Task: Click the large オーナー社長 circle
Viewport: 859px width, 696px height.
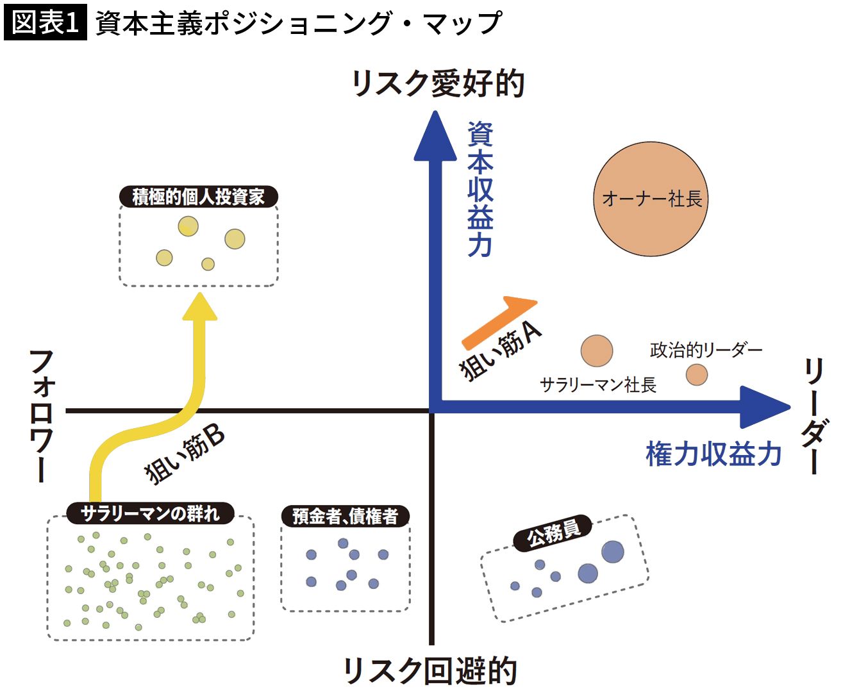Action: (651, 199)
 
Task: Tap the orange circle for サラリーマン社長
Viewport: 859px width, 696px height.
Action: (597, 351)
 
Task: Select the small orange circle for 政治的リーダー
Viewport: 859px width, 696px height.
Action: (697, 374)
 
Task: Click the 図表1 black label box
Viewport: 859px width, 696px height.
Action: (45, 22)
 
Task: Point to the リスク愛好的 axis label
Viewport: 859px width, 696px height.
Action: (438, 84)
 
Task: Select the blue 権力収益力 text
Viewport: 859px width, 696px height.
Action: (713, 454)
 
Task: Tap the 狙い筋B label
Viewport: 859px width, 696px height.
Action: (185, 454)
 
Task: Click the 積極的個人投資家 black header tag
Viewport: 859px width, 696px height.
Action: (199, 197)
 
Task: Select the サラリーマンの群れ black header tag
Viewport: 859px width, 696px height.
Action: (150, 513)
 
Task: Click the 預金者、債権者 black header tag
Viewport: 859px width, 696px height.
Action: (346, 516)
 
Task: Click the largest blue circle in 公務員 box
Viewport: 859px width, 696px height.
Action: (612, 552)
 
